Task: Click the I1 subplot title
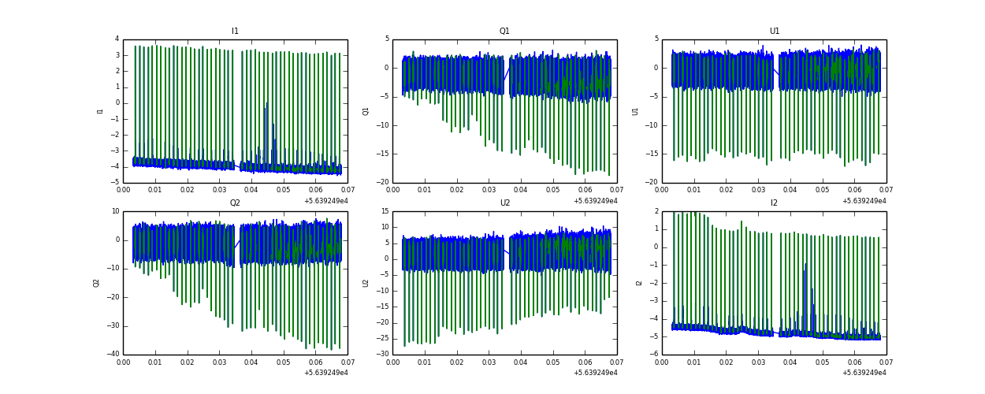pyautogui.click(x=235, y=32)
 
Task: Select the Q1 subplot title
pyautogui.click(x=504, y=32)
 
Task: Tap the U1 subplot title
pyautogui.click(x=774, y=32)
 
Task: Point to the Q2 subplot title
pyautogui.click(x=235, y=203)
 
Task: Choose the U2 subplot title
pyautogui.click(x=504, y=203)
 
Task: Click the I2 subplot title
pyautogui.click(x=774, y=203)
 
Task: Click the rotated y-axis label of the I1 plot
pyautogui.click(x=100, y=111)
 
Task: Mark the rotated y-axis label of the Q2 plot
pyautogui.click(x=96, y=283)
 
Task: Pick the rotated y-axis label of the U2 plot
pyautogui.click(x=366, y=283)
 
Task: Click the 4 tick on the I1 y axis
pyautogui.click(x=117, y=39)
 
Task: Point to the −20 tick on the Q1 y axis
pyautogui.click(x=383, y=183)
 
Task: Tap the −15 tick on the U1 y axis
pyautogui.click(x=652, y=154)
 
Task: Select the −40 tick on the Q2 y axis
pyautogui.click(x=113, y=355)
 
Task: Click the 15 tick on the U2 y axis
pyautogui.click(x=385, y=211)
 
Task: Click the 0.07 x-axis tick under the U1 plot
pyautogui.click(x=886, y=190)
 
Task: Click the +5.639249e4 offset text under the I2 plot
pyautogui.click(x=864, y=373)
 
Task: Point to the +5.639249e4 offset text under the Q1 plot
pyautogui.click(x=595, y=201)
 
